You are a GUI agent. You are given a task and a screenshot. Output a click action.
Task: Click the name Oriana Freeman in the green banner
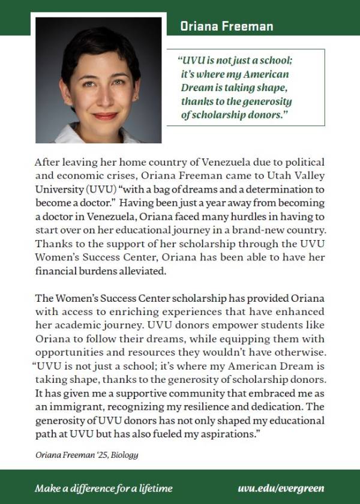(227, 26)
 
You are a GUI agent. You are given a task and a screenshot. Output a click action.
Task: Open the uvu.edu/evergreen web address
(281, 488)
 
